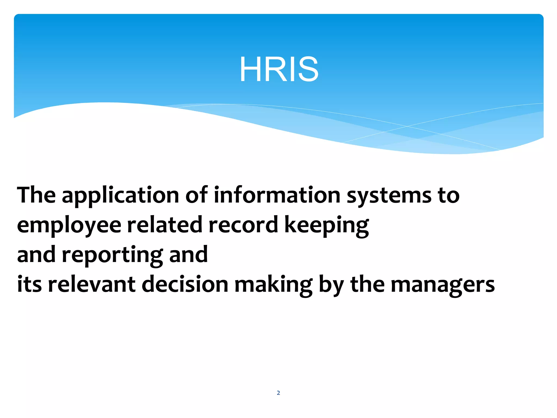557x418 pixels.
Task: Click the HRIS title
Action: coord(279,69)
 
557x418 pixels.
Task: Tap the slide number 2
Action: coord(278,393)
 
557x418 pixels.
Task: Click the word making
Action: coord(273,285)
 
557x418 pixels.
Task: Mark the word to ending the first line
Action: coord(449,195)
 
